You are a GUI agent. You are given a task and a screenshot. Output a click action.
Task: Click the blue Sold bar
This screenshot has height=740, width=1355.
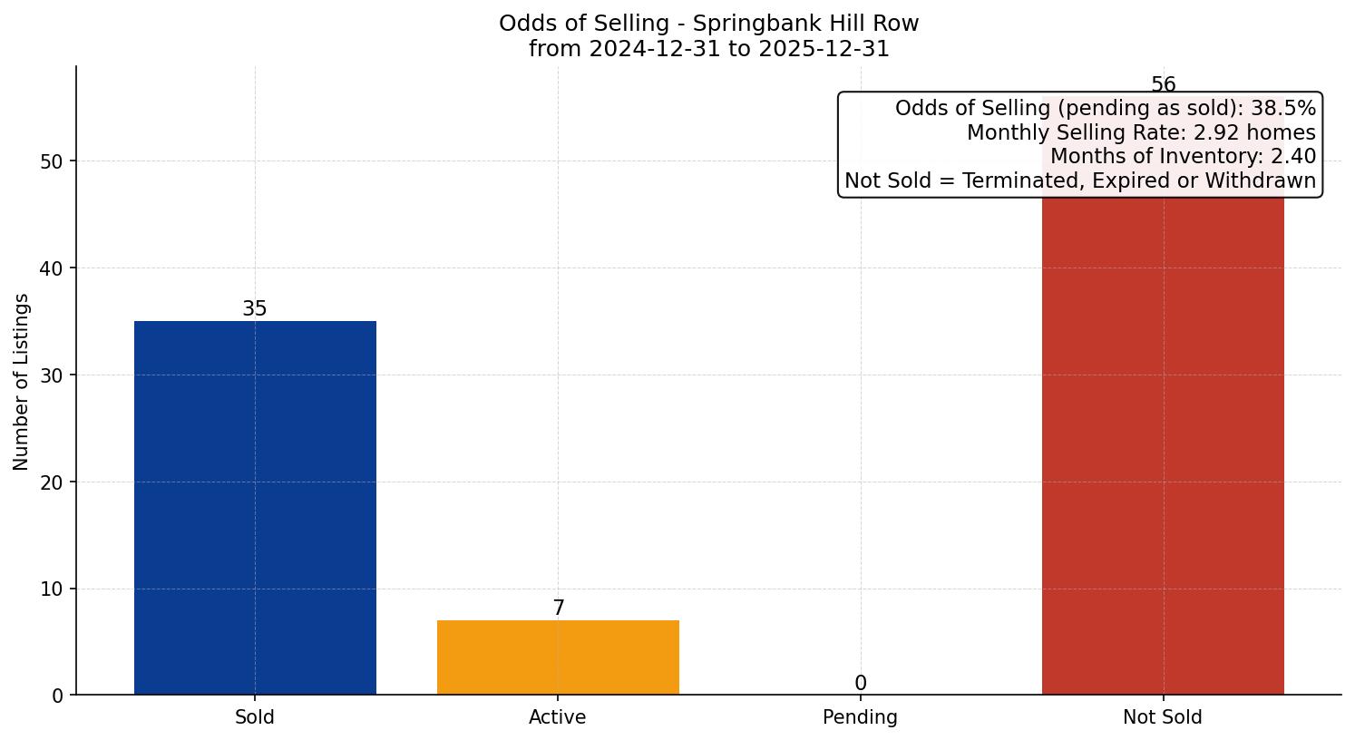coord(255,508)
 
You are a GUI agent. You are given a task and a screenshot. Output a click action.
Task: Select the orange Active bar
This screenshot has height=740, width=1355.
coord(558,657)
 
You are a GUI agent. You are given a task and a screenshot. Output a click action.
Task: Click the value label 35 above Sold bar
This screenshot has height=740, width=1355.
coord(255,309)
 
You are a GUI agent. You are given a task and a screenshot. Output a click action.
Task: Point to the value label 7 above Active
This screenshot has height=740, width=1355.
coord(559,609)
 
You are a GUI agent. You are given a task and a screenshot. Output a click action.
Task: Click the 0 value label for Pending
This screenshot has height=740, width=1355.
coord(861,684)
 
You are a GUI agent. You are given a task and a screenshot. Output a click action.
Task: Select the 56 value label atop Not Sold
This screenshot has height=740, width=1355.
coord(1163,85)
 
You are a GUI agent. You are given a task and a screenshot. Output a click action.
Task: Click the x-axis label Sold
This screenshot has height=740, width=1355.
coord(255,717)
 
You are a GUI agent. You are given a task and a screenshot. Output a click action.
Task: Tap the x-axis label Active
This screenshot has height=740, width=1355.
coord(558,717)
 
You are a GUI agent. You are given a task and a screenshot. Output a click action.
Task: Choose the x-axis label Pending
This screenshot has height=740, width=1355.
coord(860,717)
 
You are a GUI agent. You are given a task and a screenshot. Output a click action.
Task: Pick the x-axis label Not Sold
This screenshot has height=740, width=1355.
coord(1163,717)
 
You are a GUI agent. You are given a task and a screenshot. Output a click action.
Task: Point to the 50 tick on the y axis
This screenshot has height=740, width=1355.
coord(53,161)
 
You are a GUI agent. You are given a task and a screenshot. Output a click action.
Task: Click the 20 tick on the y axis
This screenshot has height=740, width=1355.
coord(53,482)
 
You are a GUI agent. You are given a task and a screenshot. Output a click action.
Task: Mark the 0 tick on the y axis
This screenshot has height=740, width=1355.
coord(58,696)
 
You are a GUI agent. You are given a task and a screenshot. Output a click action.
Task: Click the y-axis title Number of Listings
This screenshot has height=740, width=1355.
coord(22,382)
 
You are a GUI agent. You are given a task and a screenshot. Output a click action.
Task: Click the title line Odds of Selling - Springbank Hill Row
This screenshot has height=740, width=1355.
coord(708,24)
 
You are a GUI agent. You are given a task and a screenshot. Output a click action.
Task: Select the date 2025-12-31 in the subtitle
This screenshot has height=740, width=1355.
coord(824,49)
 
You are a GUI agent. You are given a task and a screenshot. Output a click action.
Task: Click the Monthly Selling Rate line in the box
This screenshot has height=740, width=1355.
coord(1141,133)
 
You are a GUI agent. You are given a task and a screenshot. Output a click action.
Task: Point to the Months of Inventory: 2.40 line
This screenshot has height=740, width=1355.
coord(1183,157)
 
